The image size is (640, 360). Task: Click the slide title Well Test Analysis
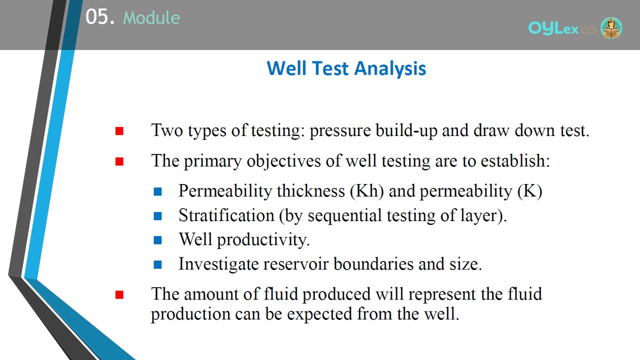(346, 68)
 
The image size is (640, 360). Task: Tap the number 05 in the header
(97, 16)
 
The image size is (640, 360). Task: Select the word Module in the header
(151, 17)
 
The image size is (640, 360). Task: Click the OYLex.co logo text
(562, 28)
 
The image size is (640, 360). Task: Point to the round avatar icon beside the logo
(611, 27)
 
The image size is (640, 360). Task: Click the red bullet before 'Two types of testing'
(119, 131)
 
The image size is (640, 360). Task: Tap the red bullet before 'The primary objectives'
(119, 161)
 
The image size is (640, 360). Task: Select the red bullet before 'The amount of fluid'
(119, 295)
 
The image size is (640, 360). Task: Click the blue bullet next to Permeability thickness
(157, 191)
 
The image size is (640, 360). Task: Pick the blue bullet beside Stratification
(157, 216)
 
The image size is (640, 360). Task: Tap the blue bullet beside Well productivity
(157, 240)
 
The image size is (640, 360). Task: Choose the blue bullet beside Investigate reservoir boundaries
(157, 264)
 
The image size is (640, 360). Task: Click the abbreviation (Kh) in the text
(367, 191)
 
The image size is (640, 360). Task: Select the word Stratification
(226, 215)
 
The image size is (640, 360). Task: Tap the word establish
(515, 160)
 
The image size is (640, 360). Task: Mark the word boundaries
(373, 263)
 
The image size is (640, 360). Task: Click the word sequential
(344, 215)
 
